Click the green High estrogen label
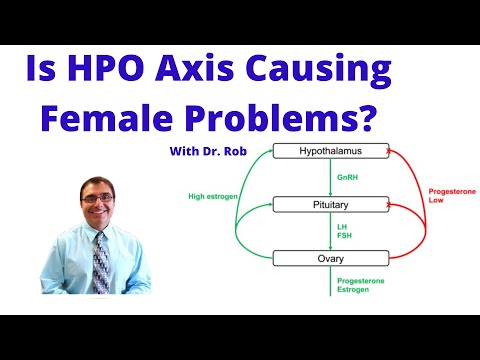[x=212, y=196]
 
